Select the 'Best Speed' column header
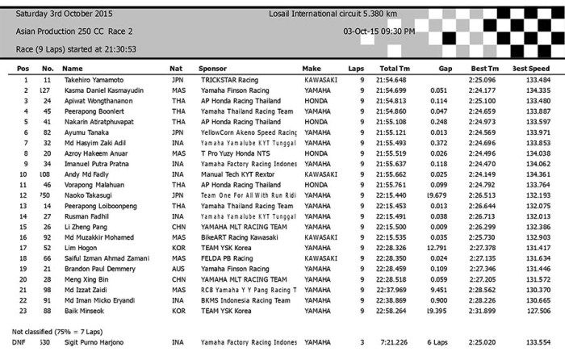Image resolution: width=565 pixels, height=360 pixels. [531, 69]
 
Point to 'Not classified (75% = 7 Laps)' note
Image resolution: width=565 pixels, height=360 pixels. [62, 331]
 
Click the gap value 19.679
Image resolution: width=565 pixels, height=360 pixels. [437, 196]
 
